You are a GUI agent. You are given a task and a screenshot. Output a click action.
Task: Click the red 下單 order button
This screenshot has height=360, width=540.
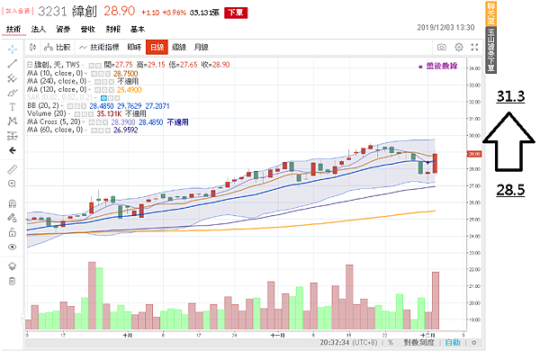click(x=234, y=13)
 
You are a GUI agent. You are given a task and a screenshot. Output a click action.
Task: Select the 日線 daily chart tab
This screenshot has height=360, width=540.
click(x=157, y=46)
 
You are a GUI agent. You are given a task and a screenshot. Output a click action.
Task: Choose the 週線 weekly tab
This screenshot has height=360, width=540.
click(x=180, y=46)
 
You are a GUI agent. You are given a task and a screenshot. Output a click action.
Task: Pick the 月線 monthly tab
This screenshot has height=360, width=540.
click(x=202, y=46)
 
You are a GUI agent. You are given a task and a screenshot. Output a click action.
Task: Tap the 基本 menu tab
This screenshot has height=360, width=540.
click(x=137, y=30)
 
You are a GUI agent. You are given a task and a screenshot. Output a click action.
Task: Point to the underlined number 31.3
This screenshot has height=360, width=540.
click(x=509, y=96)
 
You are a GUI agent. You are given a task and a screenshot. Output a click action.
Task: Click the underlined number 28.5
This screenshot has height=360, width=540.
click(x=509, y=189)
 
